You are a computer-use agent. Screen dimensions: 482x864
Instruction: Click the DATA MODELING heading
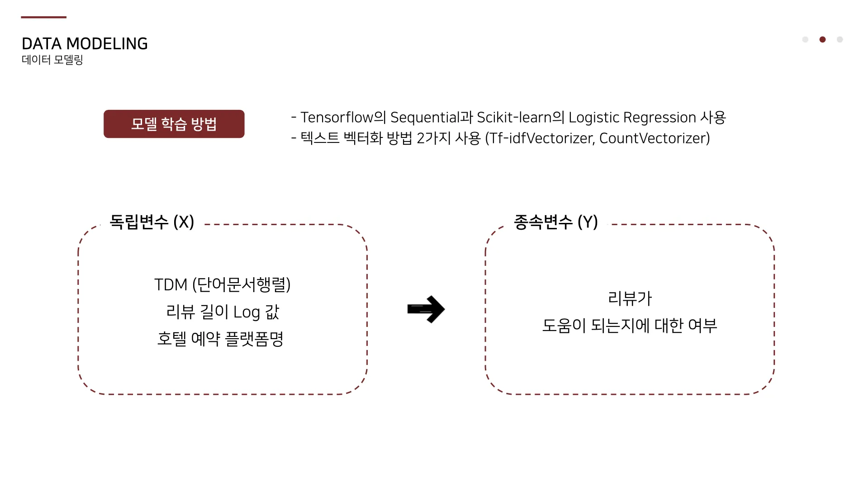point(85,44)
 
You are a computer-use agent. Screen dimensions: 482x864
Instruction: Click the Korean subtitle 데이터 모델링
point(52,60)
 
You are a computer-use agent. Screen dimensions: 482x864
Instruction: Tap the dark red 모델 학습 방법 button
point(174,124)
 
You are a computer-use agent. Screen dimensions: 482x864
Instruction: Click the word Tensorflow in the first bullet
point(337,118)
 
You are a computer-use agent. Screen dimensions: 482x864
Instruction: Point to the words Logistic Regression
point(632,118)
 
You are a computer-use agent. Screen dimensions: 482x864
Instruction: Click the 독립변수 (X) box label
point(152,222)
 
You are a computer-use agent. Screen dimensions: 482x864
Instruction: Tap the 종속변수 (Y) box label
point(555,222)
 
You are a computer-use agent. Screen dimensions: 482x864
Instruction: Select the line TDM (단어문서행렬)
point(222,285)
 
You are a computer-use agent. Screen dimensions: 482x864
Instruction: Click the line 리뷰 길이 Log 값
point(222,312)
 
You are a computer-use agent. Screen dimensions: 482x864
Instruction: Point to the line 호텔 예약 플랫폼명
point(220,339)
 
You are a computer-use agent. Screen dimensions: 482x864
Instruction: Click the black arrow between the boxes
point(426,309)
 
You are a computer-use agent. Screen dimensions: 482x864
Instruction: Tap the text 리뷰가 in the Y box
point(630,298)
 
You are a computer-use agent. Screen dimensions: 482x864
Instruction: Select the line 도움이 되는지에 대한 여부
point(630,326)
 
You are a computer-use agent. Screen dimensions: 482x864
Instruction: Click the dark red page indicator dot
point(822,40)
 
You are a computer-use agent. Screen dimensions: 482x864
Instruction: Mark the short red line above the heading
point(43,17)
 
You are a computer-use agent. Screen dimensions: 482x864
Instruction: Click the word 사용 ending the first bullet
point(713,118)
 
